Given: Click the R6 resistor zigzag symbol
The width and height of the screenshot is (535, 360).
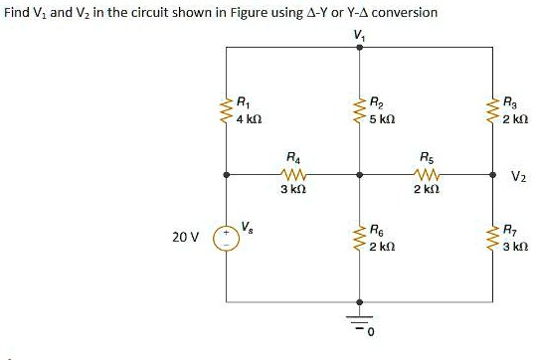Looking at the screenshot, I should (x=359, y=240).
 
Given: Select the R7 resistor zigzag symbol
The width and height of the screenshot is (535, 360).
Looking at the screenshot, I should (x=494, y=240).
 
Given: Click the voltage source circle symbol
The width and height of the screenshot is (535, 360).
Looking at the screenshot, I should (x=225, y=240).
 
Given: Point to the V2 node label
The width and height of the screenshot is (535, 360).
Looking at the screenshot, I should (x=517, y=178).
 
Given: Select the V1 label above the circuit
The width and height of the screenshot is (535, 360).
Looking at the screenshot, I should (x=359, y=38).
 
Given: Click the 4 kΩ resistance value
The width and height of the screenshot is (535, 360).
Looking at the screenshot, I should (x=249, y=118).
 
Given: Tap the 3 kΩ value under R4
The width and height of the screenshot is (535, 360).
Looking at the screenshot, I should (x=291, y=190).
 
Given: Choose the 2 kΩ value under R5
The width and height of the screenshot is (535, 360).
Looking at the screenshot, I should (x=426, y=190).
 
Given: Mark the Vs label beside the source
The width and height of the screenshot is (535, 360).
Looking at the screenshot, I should (x=249, y=226).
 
